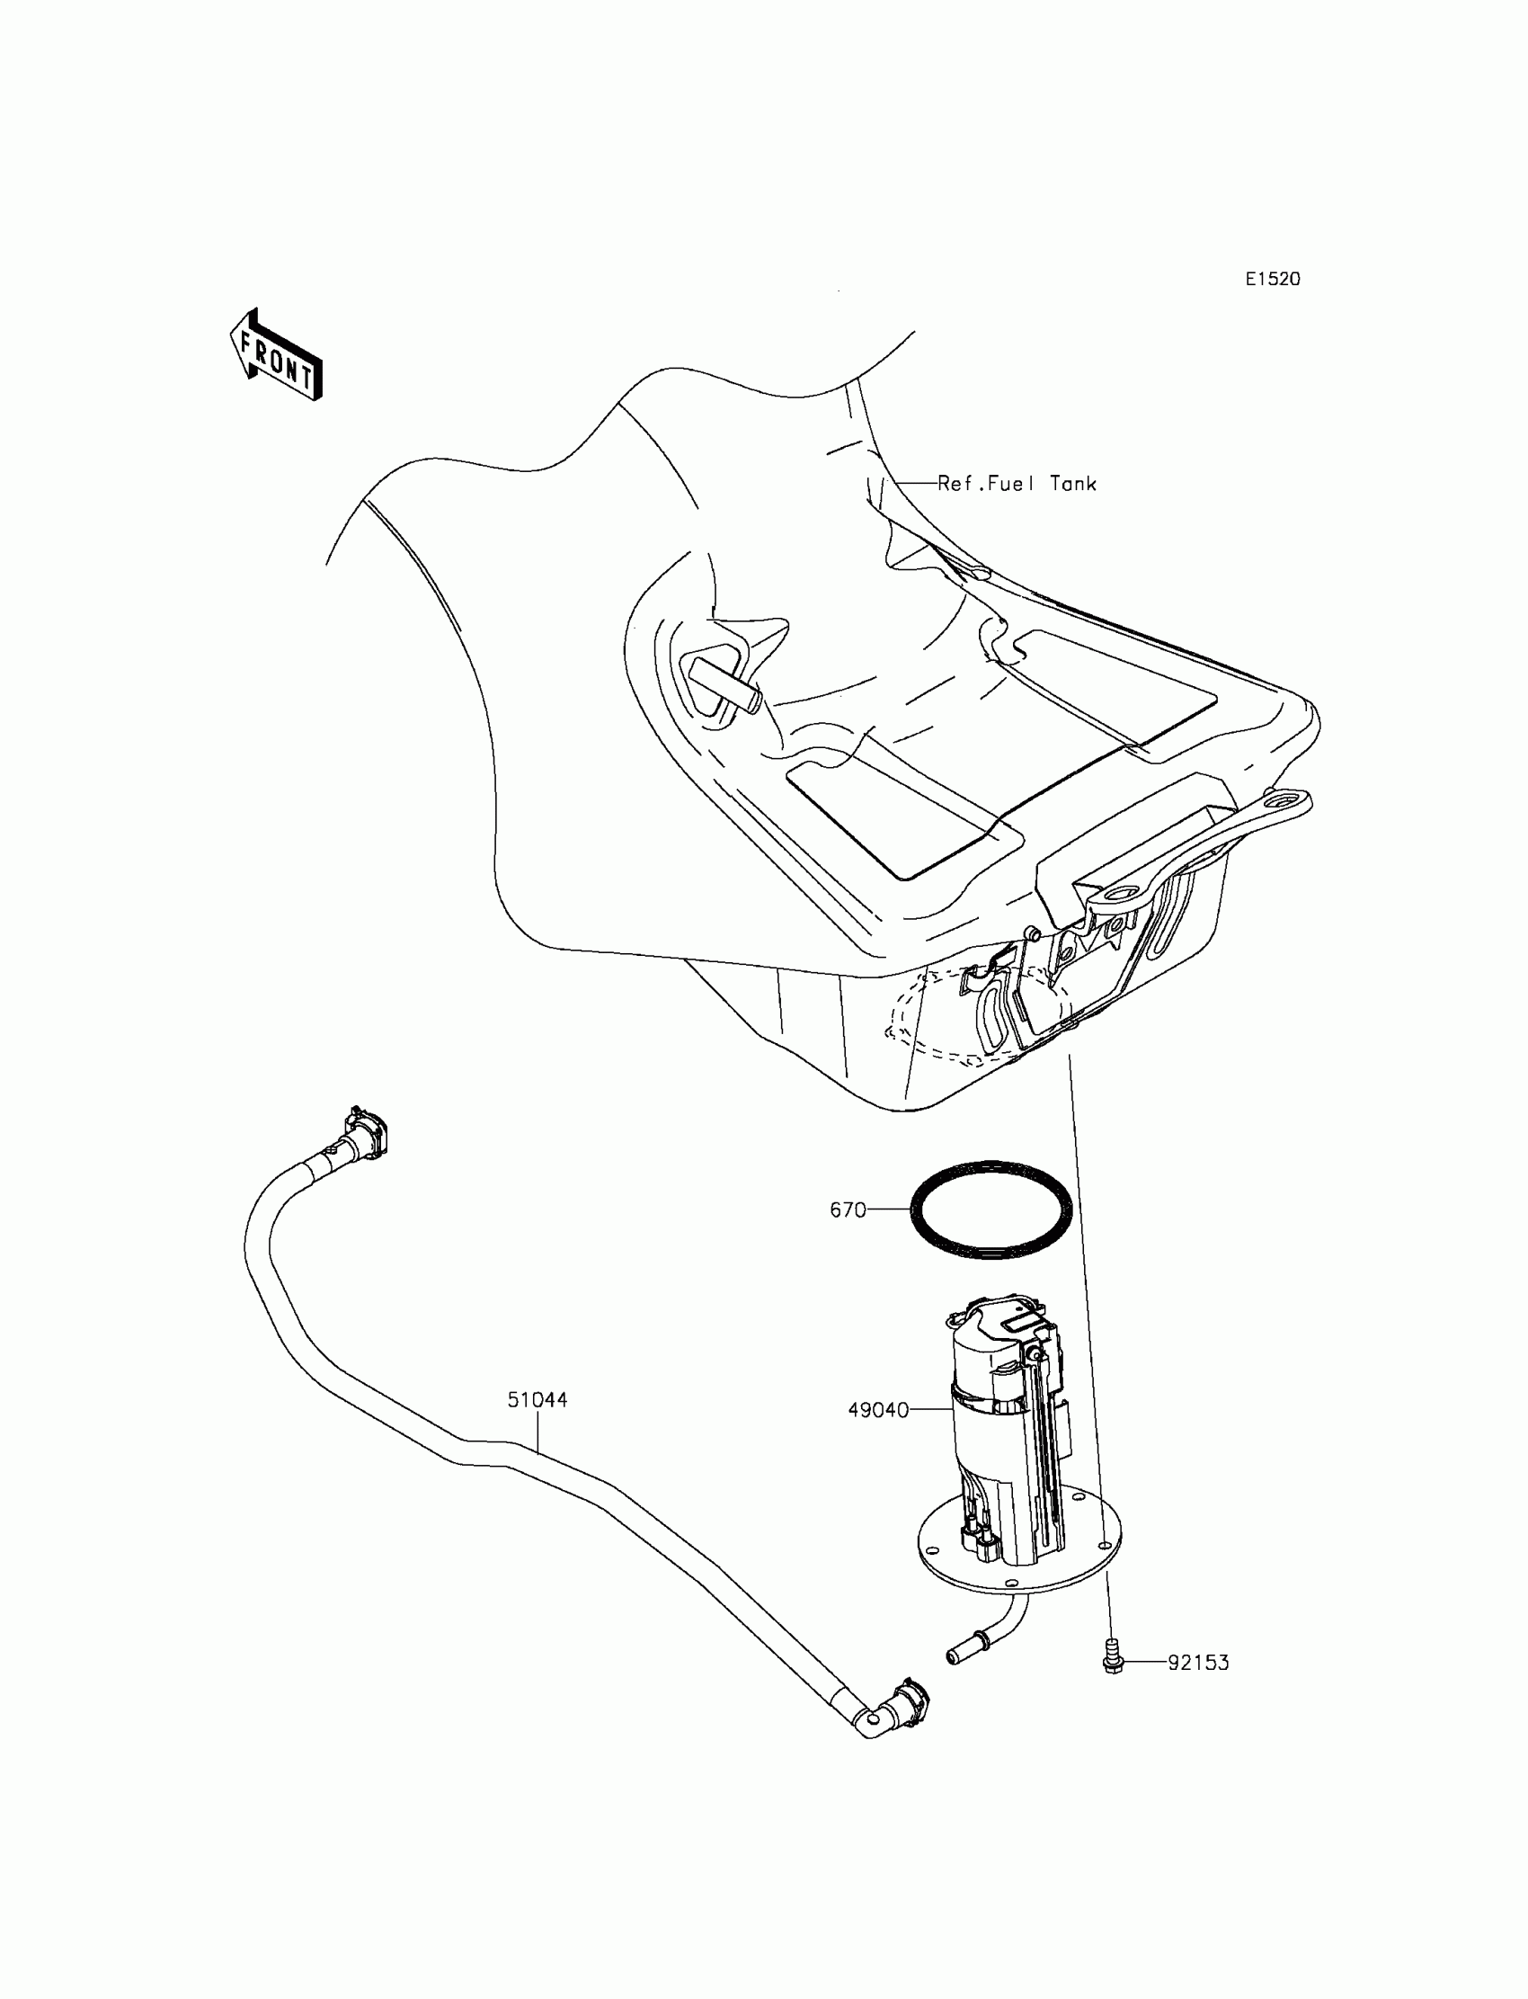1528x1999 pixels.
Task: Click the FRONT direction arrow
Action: (276, 356)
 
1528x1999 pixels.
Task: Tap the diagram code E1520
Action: (1273, 280)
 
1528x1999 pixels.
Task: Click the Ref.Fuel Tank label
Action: (1017, 484)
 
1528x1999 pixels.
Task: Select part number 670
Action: (847, 1210)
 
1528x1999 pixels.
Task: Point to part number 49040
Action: (877, 1409)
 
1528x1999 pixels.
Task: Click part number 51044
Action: (537, 1399)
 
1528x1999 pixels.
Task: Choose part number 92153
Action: (1198, 1663)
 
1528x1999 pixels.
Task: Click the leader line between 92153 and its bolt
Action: (1145, 1663)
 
